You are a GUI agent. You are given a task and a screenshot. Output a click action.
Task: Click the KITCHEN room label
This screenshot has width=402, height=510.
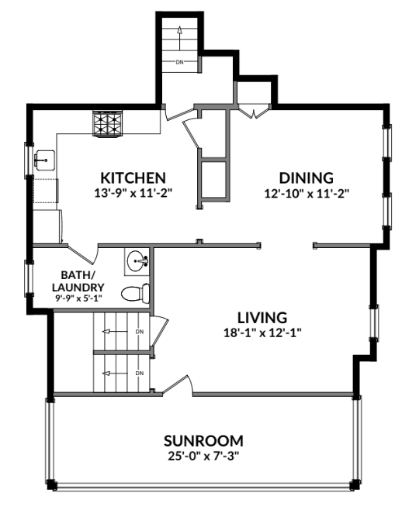click(131, 176)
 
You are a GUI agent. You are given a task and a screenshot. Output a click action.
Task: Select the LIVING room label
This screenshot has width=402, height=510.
click(262, 317)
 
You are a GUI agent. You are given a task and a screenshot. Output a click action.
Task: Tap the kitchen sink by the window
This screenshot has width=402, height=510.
click(43, 160)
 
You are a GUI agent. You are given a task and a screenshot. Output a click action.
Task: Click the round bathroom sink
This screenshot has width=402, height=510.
click(138, 261)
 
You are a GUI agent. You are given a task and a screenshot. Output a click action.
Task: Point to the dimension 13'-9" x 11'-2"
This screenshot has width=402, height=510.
click(131, 191)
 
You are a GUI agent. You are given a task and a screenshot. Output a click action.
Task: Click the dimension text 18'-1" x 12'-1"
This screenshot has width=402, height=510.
click(262, 333)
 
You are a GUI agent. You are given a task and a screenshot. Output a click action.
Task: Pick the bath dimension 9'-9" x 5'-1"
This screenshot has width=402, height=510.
click(78, 298)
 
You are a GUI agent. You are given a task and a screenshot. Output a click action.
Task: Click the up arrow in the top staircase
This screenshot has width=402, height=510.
click(178, 31)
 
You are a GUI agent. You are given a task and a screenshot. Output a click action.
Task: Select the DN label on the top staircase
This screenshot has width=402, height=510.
click(179, 60)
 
